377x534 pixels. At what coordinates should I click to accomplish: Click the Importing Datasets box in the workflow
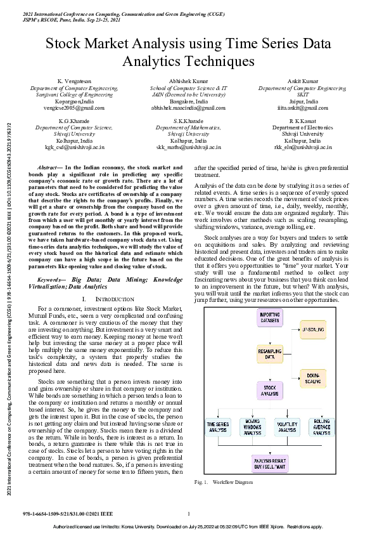(x=270, y=318)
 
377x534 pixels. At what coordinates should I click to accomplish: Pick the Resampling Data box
(x=270, y=353)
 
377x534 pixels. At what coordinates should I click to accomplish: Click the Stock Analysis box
(x=270, y=389)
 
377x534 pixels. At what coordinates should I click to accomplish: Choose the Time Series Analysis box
(x=219, y=427)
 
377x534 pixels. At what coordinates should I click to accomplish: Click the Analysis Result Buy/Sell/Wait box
(x=270, y=463)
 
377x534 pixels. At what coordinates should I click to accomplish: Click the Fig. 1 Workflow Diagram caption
(x=219, y=483)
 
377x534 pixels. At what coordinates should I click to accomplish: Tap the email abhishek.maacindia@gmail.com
(x=188, y=108)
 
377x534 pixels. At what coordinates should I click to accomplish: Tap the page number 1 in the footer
(x=189, y=514)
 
